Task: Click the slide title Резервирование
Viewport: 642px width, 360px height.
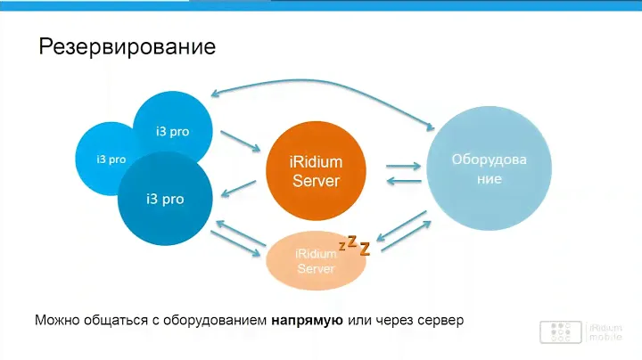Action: click(x=128, y=46)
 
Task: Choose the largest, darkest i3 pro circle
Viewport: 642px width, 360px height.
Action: click(x=165, y=199)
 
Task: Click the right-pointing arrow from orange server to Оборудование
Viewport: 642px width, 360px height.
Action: click(x=404, y=165)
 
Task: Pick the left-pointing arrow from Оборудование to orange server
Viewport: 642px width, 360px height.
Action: click(x=404, y=182)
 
